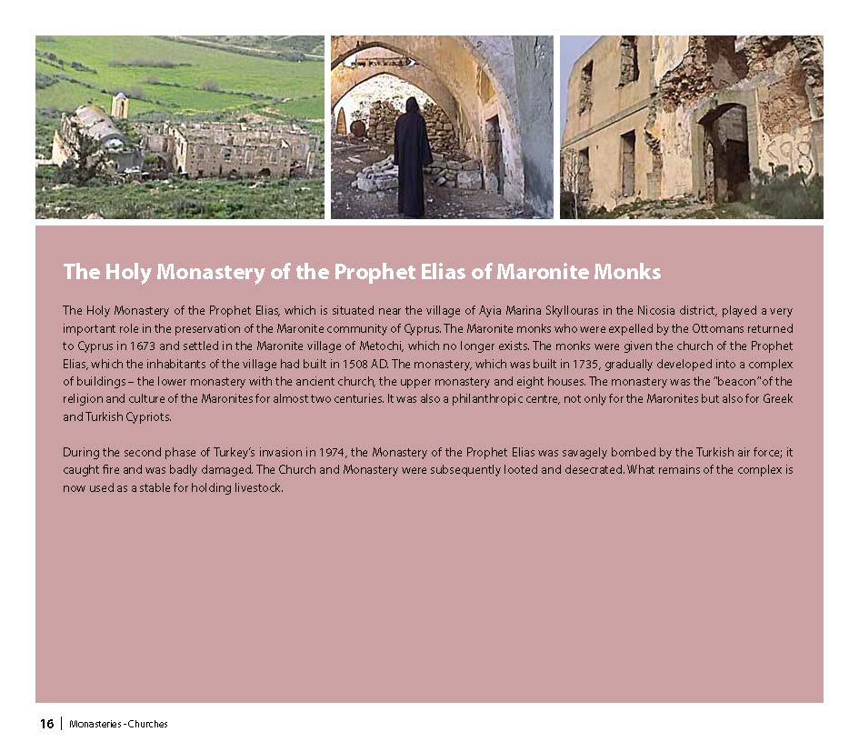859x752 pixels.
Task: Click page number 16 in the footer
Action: pyautogui.click(x=46, y=724)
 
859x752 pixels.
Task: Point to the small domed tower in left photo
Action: pyautogui.click(x=119, y=105)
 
